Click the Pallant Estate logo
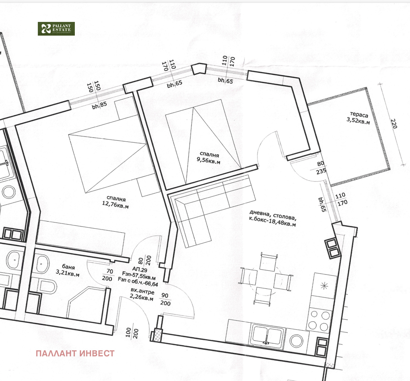[x=56, y=29]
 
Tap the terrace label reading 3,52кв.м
[x=358, y=118]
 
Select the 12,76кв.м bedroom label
[x=116, y=202]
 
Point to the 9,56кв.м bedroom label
[x=209, y=158]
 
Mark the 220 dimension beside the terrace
[x=394, y=124]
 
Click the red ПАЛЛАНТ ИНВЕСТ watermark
[x=75, y=354]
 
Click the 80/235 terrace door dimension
[x=321, y=167]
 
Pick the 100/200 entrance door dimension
[x=132, y=333]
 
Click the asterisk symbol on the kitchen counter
[x=324, y=286]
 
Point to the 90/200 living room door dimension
[x=165, y=299]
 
